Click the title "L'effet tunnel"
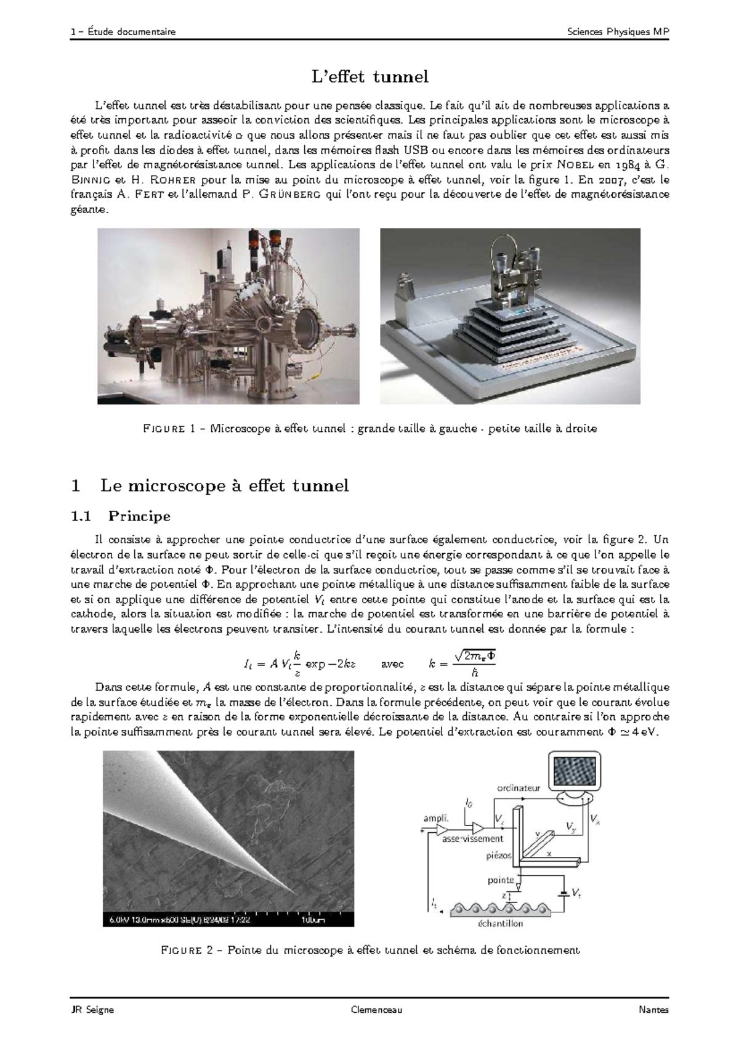coord(369,77)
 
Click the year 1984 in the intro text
coord(626,165)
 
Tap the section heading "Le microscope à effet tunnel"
coord(224,486)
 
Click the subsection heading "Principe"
coord(139,515)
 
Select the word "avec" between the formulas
coord(393,664)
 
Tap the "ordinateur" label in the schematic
coord(518,787)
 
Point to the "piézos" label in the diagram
coord(498,856)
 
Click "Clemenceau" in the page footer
coord(376,1010)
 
